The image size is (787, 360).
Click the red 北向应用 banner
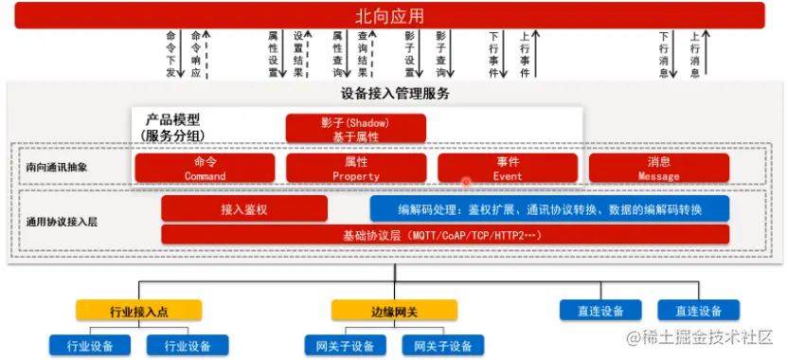tap(389, 15)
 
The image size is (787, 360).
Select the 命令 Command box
tap(205, 168)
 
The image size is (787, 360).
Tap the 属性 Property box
tap(356, 168)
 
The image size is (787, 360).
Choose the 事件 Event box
tap(508, 168)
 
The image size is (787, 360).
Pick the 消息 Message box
tap(659, 168)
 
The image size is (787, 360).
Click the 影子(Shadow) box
tap(356, 128)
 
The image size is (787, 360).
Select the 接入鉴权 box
tap(244, 208)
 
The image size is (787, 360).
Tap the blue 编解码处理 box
tap(549, 208)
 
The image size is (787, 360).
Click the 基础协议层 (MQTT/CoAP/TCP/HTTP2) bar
tap(445, 235)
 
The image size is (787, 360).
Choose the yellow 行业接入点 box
tap(139, 311)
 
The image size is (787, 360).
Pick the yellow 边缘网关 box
tap(395, 311)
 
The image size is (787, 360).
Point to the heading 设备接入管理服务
tap(395, 94)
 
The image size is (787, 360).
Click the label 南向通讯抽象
tap(57, 168)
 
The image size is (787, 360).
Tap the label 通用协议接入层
tap(62, 222)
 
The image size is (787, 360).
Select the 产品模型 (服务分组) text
tap(173, 127)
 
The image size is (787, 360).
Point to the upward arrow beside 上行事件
tap(535, 54)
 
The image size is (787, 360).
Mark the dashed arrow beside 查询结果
tap(372, 54)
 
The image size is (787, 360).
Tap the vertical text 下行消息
tap(664, 54)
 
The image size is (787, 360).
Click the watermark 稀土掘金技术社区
tap(700, 337)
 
